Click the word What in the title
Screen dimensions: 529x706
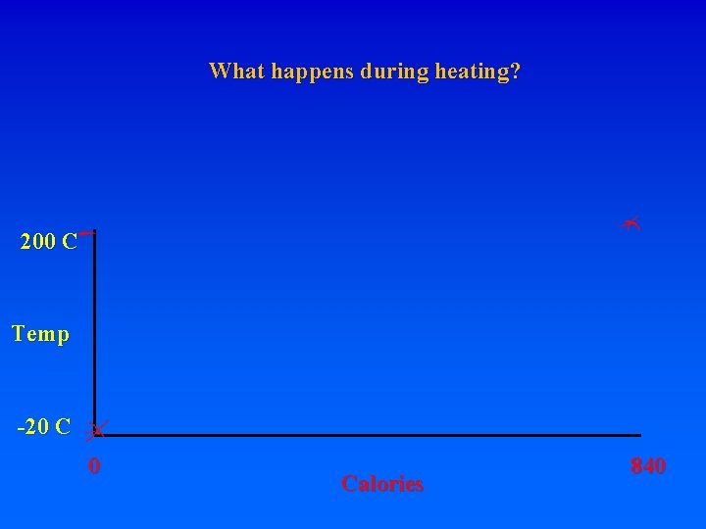point(232,72)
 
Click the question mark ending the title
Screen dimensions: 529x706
point(516,72)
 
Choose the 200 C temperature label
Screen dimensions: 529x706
point(48,241)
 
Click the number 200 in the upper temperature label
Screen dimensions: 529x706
point(37,241)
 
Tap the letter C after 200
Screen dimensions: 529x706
point(69,241)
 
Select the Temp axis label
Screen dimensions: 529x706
point(40,334)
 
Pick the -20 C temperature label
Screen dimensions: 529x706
point(43,427)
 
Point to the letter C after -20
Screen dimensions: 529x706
point(63,427)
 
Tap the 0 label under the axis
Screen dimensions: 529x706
point(93,466)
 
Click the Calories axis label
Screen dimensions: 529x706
point(382,484)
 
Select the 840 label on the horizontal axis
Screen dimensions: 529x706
point(648,466)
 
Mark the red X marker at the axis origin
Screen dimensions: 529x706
point(96,430)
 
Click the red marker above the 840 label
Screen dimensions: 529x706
point(630,223)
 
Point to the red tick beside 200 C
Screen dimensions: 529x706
point(86,233)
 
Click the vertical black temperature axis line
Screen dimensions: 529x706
point(94,333)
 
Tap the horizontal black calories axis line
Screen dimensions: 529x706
point(373,435)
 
